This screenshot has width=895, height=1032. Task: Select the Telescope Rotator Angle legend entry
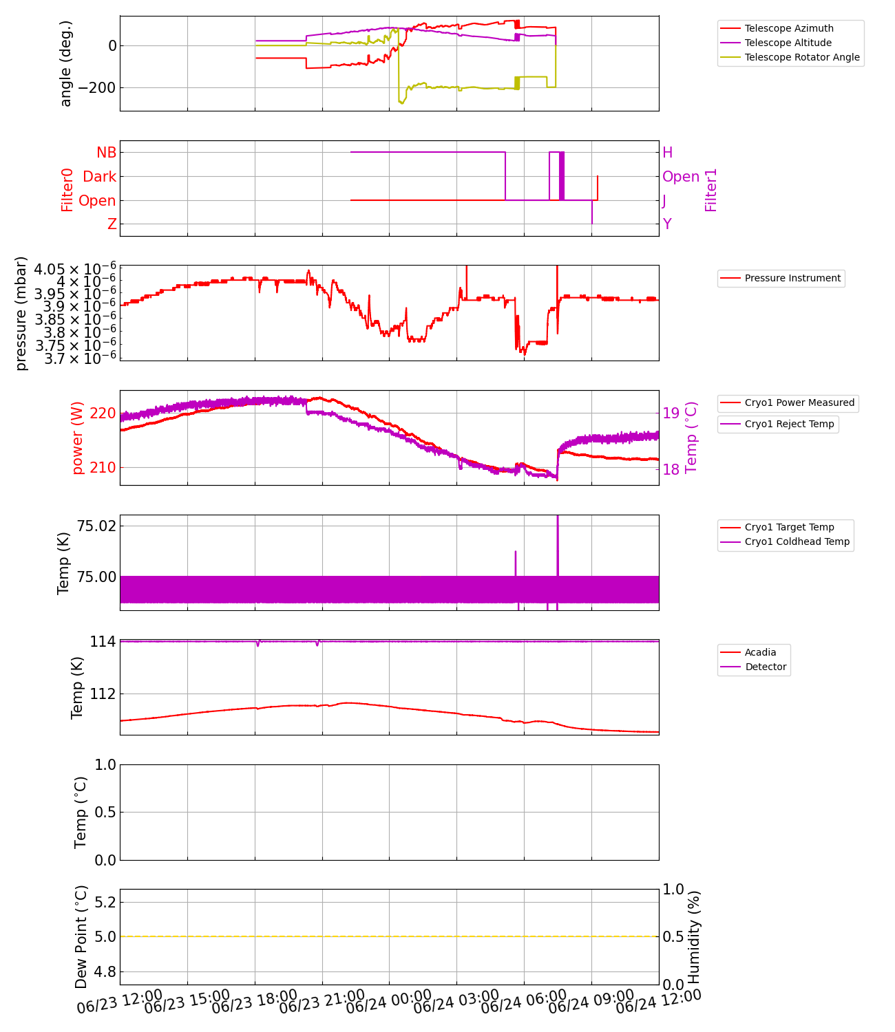pyautogui.click(x=802, y=57)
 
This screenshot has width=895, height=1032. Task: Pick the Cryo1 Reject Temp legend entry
pyautogui.click(x=789, y=424)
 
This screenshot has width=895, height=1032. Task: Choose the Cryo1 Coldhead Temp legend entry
pyautogui.click(x=797, y=541)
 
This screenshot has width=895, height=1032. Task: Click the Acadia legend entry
pyautogui.click(x=760, y=652)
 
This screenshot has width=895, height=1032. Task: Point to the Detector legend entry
pyautogui.click(x=766, y=667)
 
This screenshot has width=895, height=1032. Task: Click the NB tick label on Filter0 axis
pyautogui.click(x=107, y=153)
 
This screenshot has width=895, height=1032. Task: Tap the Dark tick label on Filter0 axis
pyautogui.click(x=100, y=177)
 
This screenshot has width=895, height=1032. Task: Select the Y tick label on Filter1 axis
pyautogui.click(x=667, y=224)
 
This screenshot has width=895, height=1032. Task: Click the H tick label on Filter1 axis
pyautogui.click(x=667, y=153)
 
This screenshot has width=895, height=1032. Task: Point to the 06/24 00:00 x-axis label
pyautogui.click(x=389, y=1002)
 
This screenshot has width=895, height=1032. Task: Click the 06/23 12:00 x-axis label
pyautogui.click(x=120, y=1002)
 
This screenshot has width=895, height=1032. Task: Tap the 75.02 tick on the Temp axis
pyautogui.click(x=96, y=526)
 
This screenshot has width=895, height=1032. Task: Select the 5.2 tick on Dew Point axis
pyautogui.click(x=104, y=902)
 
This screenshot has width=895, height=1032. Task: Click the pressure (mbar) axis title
pyautogui.click(x=21, y=313)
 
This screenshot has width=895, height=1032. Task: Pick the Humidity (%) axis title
pyautogui.click(x=694, y=937)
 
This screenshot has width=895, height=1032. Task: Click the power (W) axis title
pyautogui.click(x=77, y=438)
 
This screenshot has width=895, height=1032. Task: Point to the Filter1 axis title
pyautogui.click(x=711, y=189)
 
